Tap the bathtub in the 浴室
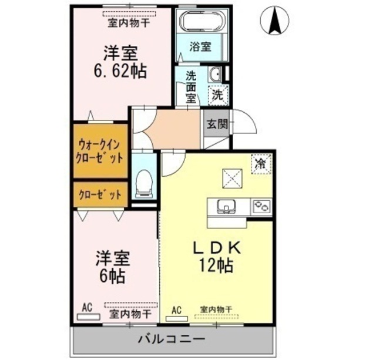202,21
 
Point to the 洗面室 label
192,87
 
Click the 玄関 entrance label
216,124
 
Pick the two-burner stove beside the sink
261,207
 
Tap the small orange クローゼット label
100,194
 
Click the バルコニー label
172,339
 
